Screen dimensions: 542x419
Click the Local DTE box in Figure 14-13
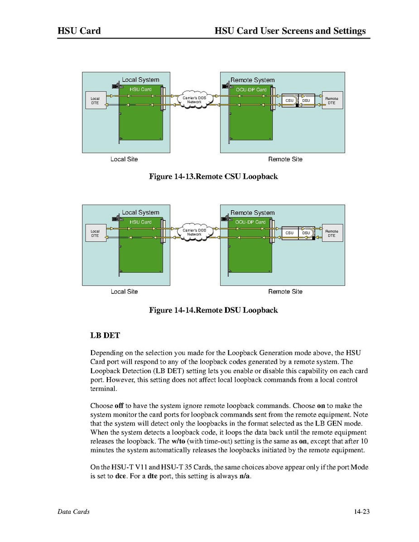pyautogui.click(x=95, y=101)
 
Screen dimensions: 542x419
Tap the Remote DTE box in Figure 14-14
pyautogui.click(x=332, y=233)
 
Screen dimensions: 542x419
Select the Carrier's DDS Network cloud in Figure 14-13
pyautogui.click(x=194, y=100)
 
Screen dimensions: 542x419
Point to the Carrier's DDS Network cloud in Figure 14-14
pyautogui.click(x=194, y=232)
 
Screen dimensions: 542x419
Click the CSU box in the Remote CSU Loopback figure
pyautogui.click(x=289, y=101)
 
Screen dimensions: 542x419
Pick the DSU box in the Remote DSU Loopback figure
pyautogui.click(x=306, y=233)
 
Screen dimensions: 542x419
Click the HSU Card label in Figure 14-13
pyautogui.click(x=140, y=90)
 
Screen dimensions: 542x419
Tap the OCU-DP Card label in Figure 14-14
pyautogui.click(x=250, y=222)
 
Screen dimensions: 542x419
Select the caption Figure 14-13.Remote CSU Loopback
pyautogui.click(x=213, y=177)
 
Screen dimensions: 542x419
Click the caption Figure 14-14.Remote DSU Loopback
pyautogui.click(x=213, y=310)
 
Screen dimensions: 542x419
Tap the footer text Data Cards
pyautogui.click(x=73, y=512)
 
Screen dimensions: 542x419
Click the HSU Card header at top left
pyautogui.click(x=79, y=31)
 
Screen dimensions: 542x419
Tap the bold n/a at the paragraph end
pyautogui.click(x=244, y=476)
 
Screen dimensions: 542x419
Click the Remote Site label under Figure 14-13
pyautogui.click(x=285, y=159)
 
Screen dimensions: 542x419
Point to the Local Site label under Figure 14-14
pyautogui.click(x=124, y=292)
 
